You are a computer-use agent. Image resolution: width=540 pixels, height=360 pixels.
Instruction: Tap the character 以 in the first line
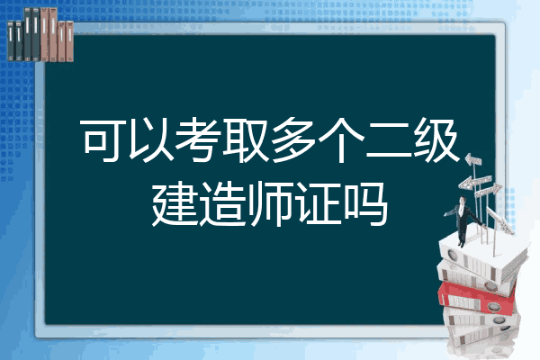tap(151, 140)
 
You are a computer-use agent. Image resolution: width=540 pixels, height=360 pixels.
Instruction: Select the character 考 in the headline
tap(199, 140)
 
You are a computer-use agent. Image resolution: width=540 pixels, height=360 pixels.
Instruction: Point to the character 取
tap(246, 140)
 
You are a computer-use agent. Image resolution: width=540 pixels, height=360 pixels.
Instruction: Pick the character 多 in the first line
tap(293, 140)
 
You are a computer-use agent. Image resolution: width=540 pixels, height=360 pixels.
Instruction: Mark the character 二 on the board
tap(389, 141)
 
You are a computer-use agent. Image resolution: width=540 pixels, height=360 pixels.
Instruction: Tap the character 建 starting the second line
tap(175, 204)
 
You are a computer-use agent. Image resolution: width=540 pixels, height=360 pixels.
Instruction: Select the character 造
tap(222, 204)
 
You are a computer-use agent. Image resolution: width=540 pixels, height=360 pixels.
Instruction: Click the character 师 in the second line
tap(270, 204)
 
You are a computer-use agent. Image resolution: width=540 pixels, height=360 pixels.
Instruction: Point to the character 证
tap(318, 204)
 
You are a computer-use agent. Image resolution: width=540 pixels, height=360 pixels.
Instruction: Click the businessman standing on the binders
tap(463, 220)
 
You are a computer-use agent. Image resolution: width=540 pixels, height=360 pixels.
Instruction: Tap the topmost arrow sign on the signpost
tap(473, 160)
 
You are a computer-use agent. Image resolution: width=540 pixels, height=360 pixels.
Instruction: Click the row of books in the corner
tap(40, 34)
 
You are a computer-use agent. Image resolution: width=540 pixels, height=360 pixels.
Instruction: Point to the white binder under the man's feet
tap(482, 257)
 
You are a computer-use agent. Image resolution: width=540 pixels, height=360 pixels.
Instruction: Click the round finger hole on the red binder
tap(492, 306)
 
